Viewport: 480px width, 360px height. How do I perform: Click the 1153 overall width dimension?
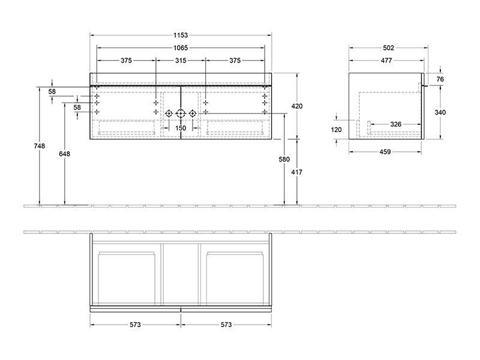(181, 35)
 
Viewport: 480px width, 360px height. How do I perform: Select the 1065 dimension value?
(181, 48)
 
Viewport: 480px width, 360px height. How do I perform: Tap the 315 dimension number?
(181, 61)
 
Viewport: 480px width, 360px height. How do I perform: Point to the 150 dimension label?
(181, 128)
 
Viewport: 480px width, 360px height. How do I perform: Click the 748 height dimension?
(39, 146)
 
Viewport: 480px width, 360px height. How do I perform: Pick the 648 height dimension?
(65, 154)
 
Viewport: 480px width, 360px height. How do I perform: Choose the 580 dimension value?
(284, 159)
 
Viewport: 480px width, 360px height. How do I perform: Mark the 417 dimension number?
(296, 172)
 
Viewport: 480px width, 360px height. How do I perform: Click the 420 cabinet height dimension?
(296, 106)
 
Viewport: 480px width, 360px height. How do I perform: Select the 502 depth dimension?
(388, 48)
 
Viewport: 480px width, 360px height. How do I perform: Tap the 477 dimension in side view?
(386, 61)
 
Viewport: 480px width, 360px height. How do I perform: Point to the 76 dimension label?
(440, 79)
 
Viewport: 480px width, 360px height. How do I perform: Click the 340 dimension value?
(440, 112)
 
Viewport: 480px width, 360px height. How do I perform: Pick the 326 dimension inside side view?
(396, 124)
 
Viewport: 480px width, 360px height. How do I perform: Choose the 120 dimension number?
(336, 130)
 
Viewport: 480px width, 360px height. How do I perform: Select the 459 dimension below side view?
(385, 152)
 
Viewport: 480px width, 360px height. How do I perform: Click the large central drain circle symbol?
(181, 114)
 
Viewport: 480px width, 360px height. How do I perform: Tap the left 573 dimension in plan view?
(135, 325)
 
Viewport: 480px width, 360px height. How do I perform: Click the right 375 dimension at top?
(235, 61)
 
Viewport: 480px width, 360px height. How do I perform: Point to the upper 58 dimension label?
(52, 92)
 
